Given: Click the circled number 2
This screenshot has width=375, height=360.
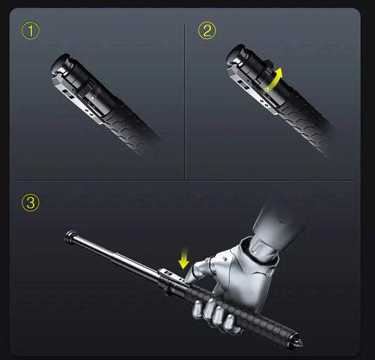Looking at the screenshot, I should tap(206, 31).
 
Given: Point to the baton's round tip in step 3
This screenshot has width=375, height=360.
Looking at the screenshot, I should tap(70, 236).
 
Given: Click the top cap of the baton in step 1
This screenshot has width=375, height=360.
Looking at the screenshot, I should tap(60, 63).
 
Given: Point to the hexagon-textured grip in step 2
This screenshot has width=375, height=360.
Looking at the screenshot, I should tap(310, 123).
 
